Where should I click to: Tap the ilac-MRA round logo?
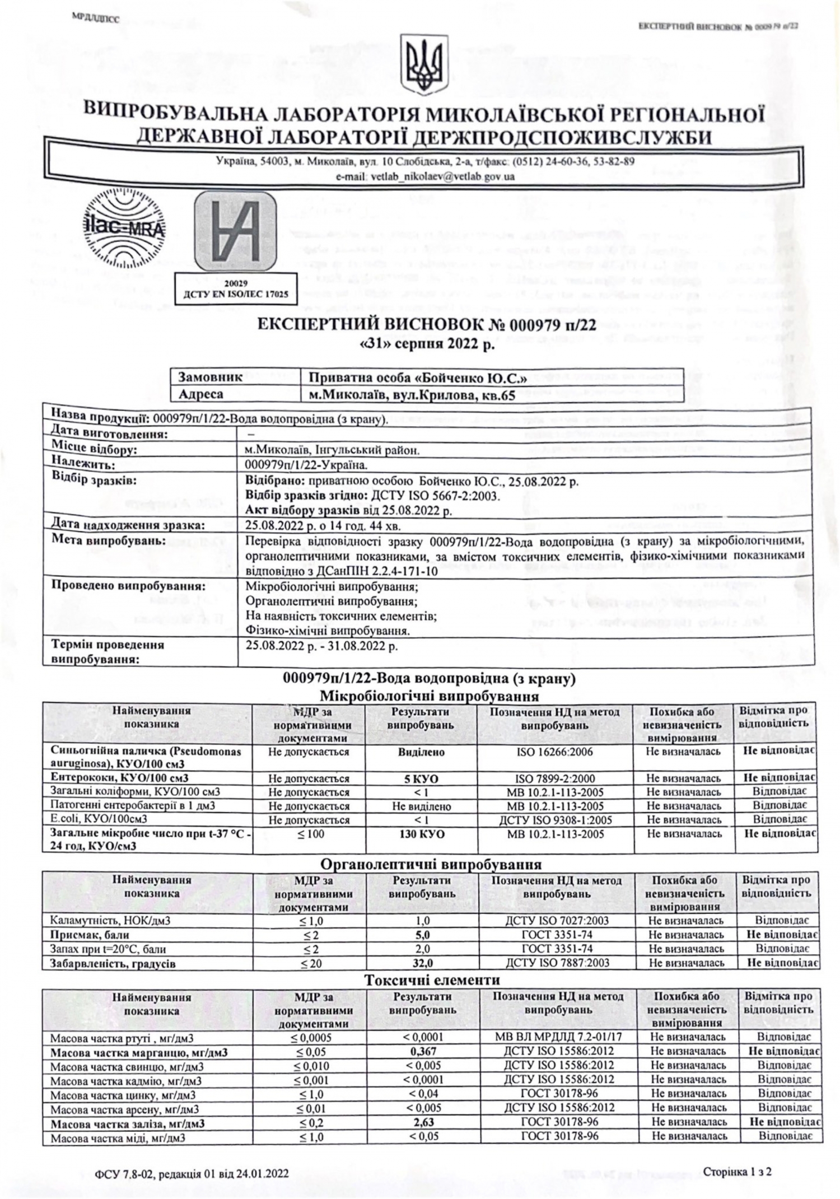pyautogui.click(x=124, y=229)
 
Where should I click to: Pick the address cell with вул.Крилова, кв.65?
pyautogui.click(x=412, y=395)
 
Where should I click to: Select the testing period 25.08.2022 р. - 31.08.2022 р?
pyautogui.click(x=322, y=646)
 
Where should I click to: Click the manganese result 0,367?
pyautogui.click(x=423, y=1052)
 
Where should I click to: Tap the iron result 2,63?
pyautogui.click(x=423, y=1122)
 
